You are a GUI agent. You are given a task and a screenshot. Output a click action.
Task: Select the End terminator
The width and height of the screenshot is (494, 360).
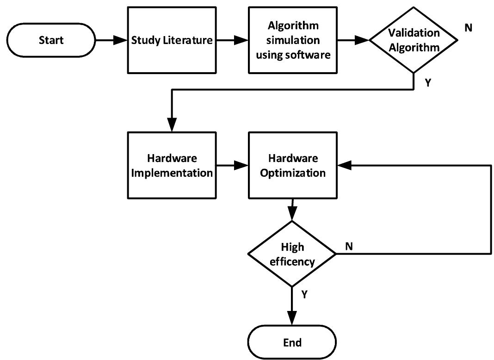292,342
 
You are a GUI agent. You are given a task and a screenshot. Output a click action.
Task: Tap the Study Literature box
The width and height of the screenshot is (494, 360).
172,40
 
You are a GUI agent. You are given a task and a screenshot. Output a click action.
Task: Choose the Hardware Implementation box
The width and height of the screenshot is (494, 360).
172,166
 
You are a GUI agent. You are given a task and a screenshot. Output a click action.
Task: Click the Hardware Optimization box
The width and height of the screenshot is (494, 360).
292,166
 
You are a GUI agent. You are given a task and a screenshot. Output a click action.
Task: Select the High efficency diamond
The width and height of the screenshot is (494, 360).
292,254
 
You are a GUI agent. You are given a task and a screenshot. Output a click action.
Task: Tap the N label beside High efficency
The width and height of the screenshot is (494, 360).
349,246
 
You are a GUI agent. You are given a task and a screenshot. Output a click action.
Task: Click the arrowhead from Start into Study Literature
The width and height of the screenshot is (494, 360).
122,41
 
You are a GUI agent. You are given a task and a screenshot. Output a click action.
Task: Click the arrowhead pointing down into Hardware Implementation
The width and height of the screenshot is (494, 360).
172,125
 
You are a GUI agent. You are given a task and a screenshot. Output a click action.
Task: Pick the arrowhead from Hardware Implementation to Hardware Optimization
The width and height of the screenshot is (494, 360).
242,164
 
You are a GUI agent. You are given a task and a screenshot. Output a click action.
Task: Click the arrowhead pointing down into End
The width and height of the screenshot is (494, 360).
292,321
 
